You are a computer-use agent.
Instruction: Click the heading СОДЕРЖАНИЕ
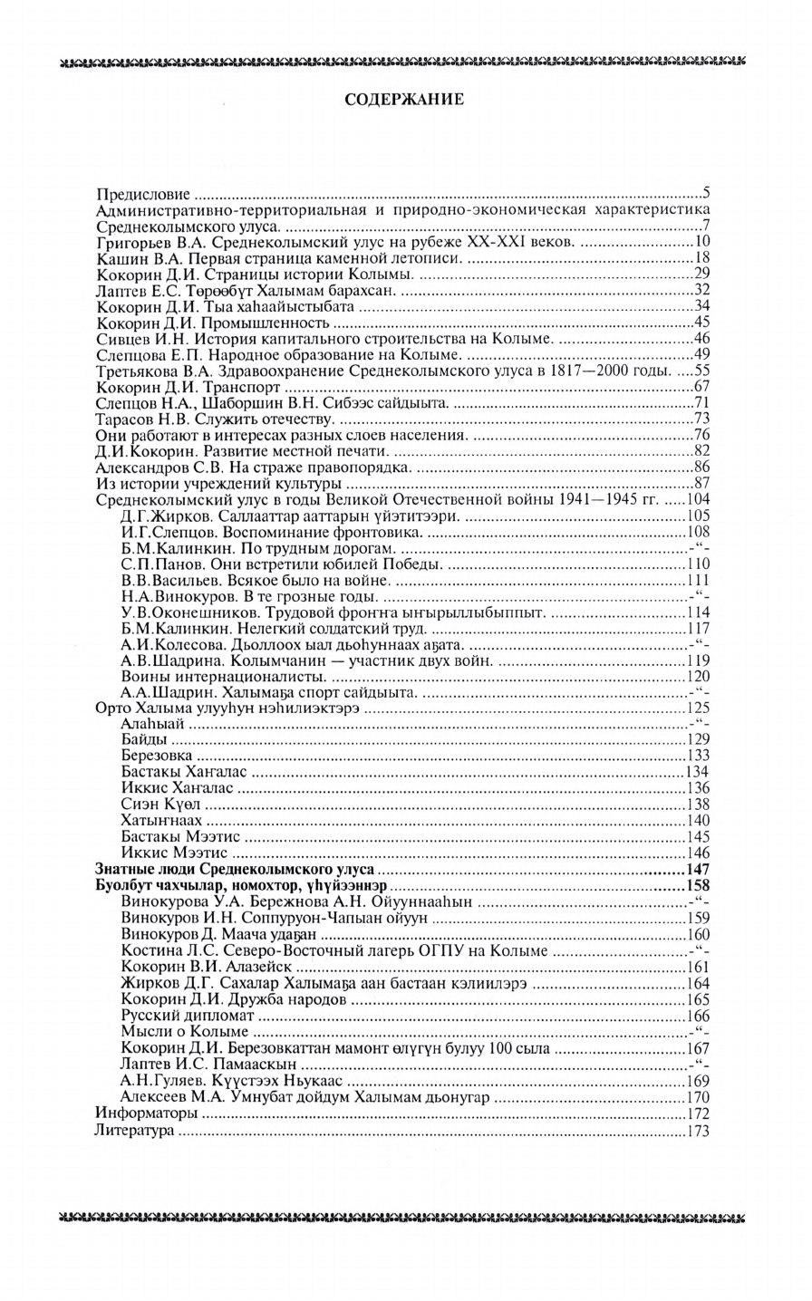(x=405, y=100)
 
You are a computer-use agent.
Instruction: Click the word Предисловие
(x=142, y=195)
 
